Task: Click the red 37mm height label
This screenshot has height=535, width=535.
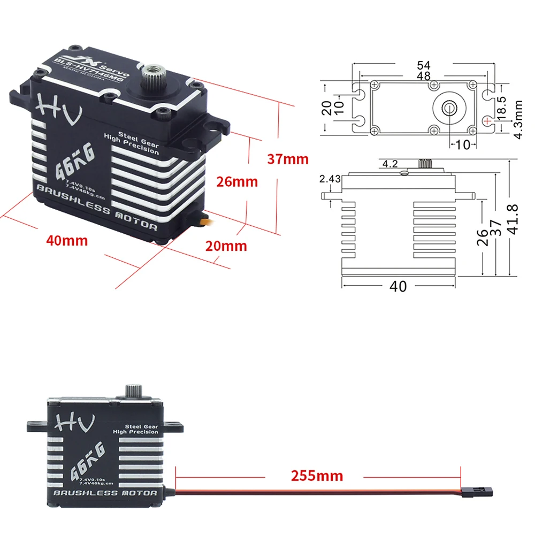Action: (x=288, y=159)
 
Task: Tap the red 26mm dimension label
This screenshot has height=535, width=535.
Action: (x=237, y=182)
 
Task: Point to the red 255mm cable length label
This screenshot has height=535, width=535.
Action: (x=317, y=475)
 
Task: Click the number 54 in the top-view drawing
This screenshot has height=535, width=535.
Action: (x=424, y=65)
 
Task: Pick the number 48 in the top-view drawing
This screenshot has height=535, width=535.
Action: (x=424, y=76)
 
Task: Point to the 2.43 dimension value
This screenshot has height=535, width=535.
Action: (x=330, y=179)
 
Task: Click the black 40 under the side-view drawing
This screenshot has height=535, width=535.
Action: (x=398, y=286)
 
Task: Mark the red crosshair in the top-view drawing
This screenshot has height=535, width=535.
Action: (x=487, y=121)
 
